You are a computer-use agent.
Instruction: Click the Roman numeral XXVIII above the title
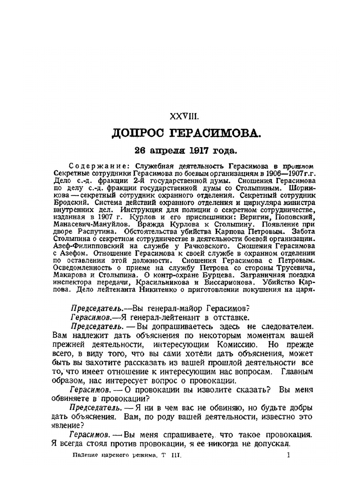(184, 117)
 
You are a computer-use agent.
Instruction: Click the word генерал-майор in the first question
(172, 309)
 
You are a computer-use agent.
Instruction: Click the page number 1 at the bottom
(289, 455)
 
